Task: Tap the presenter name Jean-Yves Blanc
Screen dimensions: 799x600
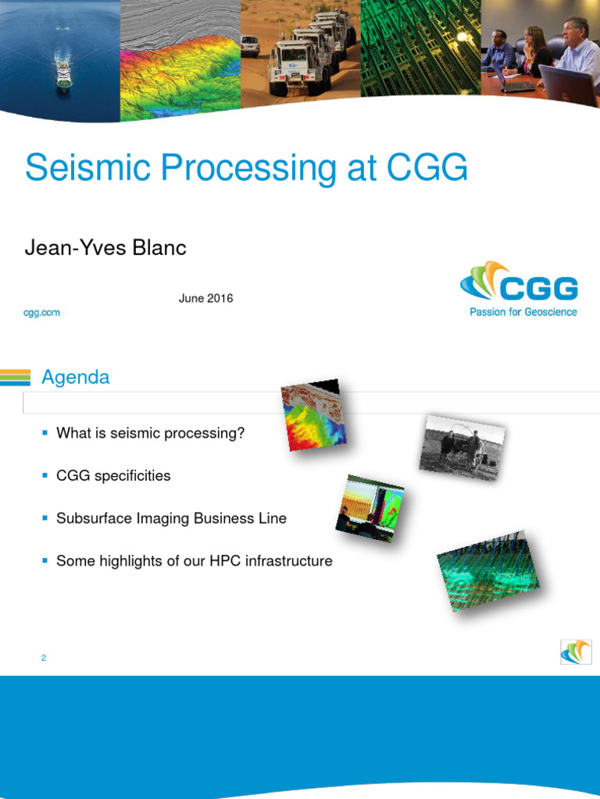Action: click(105, 248)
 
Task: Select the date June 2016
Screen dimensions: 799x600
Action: click(205, 298)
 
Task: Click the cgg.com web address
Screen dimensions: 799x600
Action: click(42, 312)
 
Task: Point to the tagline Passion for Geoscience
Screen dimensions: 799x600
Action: click(523, 312)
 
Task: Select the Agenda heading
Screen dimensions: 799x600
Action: click(75, 378)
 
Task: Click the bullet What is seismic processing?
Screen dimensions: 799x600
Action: click(150, 433)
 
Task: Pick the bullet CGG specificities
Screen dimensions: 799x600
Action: click(113, 476)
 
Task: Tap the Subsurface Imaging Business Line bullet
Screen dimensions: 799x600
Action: click(171, 518)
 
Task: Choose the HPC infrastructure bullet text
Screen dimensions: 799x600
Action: click(194, 561)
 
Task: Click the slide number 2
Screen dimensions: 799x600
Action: click(44, 659)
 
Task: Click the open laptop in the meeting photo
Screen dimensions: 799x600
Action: click(568, 85)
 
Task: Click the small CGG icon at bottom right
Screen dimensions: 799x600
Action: click(576, 652)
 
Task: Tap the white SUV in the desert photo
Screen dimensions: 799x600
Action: click(249, 44)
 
